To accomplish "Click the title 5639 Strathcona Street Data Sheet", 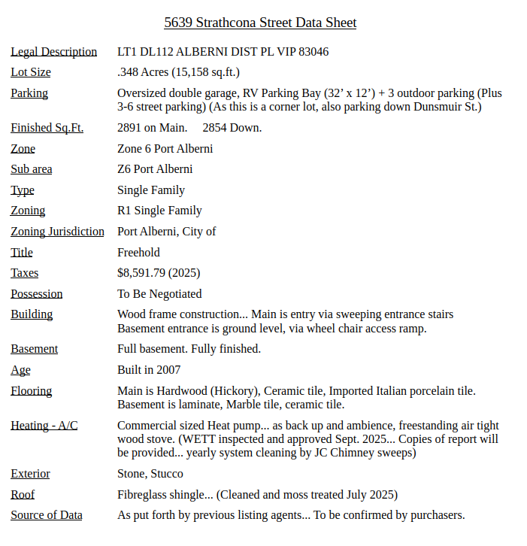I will [x=260, y=23].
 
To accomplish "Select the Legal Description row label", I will [x=53, y=52].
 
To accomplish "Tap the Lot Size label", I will [x=31, y=72].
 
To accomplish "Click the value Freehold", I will [x=138, y=252].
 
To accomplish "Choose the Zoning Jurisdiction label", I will [x=57, y=232].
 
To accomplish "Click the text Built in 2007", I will [x=149, y=370].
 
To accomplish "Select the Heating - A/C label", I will [x=44, y=426].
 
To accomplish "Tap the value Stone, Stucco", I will [x=150, y=474].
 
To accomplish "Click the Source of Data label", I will [x=47, y=515].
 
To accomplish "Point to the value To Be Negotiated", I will [x=159, y=294].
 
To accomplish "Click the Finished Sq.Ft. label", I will [x=47, y=128].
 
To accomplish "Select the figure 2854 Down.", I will [x=232, y=128].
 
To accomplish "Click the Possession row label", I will [x=37, y=294].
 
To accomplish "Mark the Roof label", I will [x=23, y=495].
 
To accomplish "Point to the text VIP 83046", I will [x=304, y=52].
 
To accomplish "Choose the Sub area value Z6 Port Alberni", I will [x=155, y=169].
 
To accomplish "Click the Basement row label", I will [x=34, y=349].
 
